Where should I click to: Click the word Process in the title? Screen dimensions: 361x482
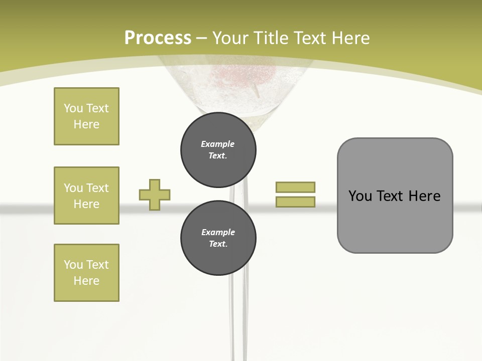pyautogui.click(x=158, y=38)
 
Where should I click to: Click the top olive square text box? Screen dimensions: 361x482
pyautogui.click(x=86, y=116)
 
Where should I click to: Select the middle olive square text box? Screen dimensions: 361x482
pyautogui.click(x=86, y=196)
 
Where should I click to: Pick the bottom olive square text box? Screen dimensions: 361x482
pyautogui.click(x=86, y=273)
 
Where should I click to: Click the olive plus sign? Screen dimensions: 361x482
pyautogui.click(x=155, y=195)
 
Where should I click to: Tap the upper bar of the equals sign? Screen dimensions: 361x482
pyautogui.click(x=295, y=187)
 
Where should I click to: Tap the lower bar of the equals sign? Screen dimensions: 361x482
pyautogui.click(x=295, y=202)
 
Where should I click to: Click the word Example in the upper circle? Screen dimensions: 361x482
pyautogui.click(x=218, y=144)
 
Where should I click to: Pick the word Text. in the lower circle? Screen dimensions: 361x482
pyautogui.click(x=218, y=244)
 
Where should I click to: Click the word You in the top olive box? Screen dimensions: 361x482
pyautogui.click(x=73, y=108)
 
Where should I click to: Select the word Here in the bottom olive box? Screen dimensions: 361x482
pyautogui.click(x=86, y=281)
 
